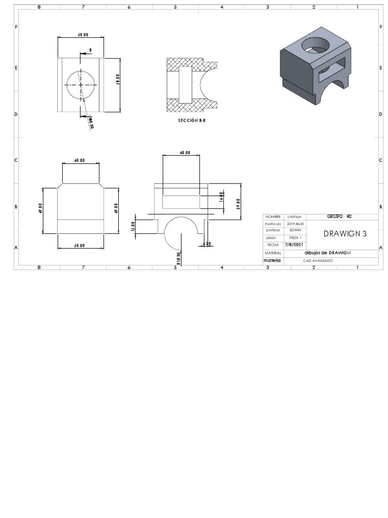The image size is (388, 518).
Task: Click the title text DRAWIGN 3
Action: pyautogui.click(x=345, y=234)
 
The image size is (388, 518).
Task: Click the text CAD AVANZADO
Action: pyautogui.click(x=318, y=261)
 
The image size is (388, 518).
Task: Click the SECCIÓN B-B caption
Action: pyautogui.click(x=191, y=121)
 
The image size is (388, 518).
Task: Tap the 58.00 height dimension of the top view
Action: pyautogui.click(x=117, y=83)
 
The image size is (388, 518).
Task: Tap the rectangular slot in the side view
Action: pyautogui.click(x=181, y=202)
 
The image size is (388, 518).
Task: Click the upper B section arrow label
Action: pyautogui.click(x=90, y=50)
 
